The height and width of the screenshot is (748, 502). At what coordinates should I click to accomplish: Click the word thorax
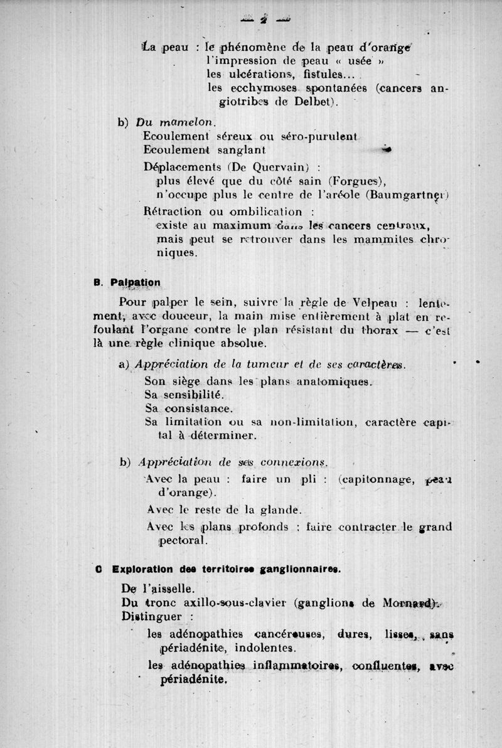(x=383, y=329)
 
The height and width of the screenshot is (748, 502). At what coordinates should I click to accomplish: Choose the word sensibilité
(x=188, y=395)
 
